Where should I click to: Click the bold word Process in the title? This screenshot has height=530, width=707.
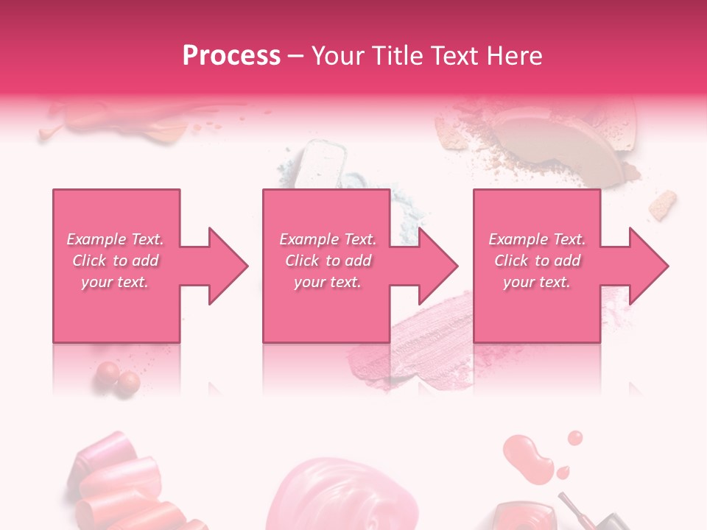pyautogui.click(x=231, y=56)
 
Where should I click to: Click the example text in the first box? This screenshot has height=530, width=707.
pyautogui.click(x=116, y=261)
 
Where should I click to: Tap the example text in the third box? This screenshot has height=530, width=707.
pyautogui.click(x=537, y=261)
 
